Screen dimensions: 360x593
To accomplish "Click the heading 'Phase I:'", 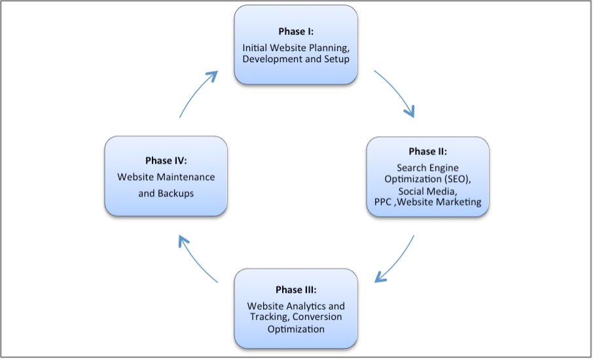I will click(296, 32).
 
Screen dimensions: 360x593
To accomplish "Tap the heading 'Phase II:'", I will click(427, 151).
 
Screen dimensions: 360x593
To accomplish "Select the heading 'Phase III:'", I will click(296, 290).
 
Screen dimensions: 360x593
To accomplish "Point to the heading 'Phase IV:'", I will click(166, 160).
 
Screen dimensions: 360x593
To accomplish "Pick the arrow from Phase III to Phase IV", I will click(196, 259).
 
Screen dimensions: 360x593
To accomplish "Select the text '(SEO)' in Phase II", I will click(457, 179).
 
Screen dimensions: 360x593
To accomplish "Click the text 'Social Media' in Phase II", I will click(427, 190).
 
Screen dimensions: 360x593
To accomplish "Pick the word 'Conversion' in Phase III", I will click(317, 317).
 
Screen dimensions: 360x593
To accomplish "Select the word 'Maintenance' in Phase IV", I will click(185, 177).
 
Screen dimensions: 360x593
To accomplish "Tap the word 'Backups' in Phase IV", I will click(175, 193).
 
